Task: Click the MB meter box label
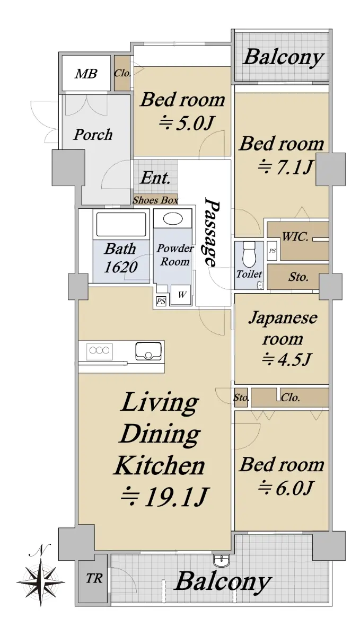[x=86, y=74]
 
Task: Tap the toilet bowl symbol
[x=249, y=253]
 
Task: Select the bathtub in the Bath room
[x=121, y=224]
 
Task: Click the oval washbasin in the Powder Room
[x=173, y=219]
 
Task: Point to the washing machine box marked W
[x=181, y=295]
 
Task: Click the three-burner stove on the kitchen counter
[x=99, y=351]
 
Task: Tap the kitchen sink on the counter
[x=148, y=351]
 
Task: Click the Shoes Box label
[x=155, y=200]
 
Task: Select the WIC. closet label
[x=295, y=236]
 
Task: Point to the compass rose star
[x=41, y=581]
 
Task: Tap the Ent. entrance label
[x=155, y=178]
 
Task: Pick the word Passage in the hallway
[x=212, y=232]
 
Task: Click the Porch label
[x=93, y=135]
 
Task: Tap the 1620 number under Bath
[x=120, y=267]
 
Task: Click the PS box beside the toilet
[x=272, y=250]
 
